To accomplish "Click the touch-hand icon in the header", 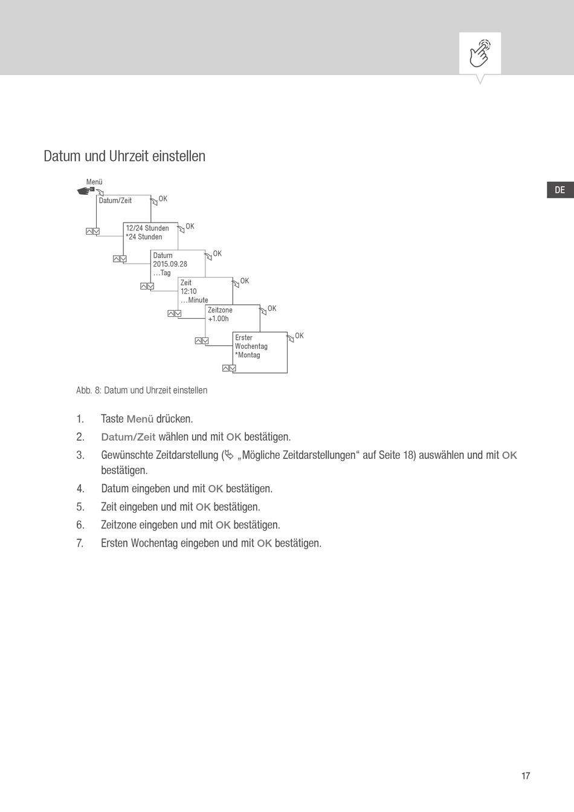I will pyautogui.click(x=480, y=53).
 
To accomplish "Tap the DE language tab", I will pyautogui.click(x=560, y=190).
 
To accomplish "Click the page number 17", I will pyautogui.click(x=526, y=776).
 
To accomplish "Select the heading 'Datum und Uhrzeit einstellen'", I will pyautogui.click(x=124, y=156).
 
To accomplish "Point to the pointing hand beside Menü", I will pyautogui.click(x=86, y=190).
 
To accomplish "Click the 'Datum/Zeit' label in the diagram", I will pyautogui.click(x=115, y=201).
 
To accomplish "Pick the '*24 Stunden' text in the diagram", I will pyautogui.click(x=144, y=237).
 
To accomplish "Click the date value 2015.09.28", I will pyautogui.click(x=170, y=264).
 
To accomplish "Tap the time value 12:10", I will pyautogui.click(x=189, y=291).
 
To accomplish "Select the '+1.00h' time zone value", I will pyautogui.click(x=218, y=319).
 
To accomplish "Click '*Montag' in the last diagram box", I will pyautogui.click(x=248, y=355).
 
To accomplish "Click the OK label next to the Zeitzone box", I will pyautogui.click(x=272, y=309).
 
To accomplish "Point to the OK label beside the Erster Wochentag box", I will pyautogui.click(x=299, y=336).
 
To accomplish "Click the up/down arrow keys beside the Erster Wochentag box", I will pyautogui.click(x=229, y=368).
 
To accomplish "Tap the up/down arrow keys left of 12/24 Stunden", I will pyautogui.click(x=92, y=232).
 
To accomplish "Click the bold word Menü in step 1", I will pyautogui.click(x=140, y=419).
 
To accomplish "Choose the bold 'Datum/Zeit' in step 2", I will pyautogui.click(x=128, y=437).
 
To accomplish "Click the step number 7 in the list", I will pyautogui.click(x=80, y=543).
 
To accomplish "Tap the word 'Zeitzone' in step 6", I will pyautogui.click(x=119, y=525).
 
